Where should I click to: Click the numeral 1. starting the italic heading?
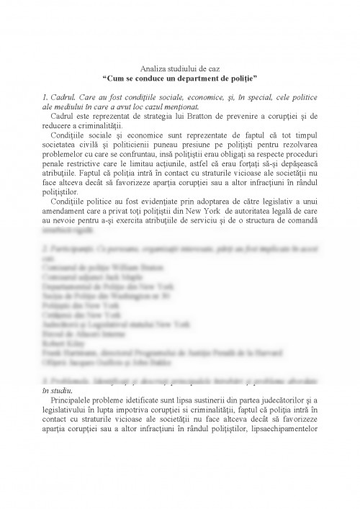pyautogui.click(x=48, y=95)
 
